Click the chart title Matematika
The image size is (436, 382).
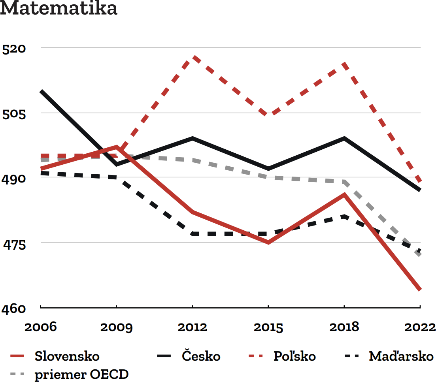pos(59,9)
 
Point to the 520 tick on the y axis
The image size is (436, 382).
pos(14,49)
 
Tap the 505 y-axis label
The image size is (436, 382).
pos(14,114)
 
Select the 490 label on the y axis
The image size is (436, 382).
pos(14,179)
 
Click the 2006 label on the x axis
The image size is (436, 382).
pos(40,327)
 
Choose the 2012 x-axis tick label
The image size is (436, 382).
pos(192,327)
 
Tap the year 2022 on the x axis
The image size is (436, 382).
pos(420,327)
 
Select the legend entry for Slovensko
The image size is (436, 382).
pos(67,356)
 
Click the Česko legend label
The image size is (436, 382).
pos(201,356)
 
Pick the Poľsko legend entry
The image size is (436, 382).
pos(294,356)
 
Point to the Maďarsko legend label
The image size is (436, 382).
pos(401,356)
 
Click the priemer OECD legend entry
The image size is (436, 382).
pos(81,374)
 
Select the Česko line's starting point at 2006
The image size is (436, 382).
pos(41,91)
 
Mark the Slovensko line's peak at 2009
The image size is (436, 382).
pos(117,147)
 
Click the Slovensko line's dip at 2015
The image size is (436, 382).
pos(268,243)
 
